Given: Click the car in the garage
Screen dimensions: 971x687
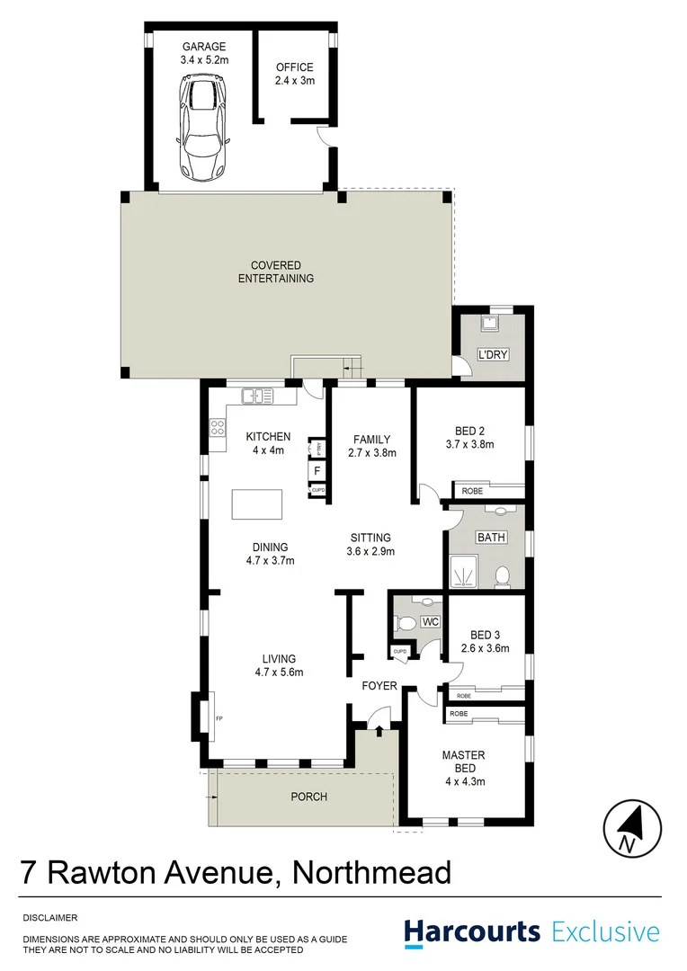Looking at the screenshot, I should [204, 127].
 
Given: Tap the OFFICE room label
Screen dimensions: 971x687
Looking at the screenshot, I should [294, 67].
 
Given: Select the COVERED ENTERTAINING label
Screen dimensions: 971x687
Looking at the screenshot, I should [276, 272].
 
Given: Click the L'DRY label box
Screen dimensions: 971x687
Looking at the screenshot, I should [493, 355].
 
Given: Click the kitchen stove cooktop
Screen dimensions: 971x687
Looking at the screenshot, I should [217, 429].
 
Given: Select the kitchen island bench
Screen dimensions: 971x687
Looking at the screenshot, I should [257, 503].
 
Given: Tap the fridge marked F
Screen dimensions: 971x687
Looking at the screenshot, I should [317, 469].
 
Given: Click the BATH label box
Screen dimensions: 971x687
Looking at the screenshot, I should [491, 538].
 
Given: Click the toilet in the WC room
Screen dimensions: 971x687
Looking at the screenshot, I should [406, 622].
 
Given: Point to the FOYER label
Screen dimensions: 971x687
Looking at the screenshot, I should [379, 686].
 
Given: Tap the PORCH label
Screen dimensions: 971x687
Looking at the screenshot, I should [308, 797].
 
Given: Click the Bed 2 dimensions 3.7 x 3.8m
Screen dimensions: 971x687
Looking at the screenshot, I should [470, 444].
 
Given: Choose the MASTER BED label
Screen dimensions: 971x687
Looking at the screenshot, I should [463, 762].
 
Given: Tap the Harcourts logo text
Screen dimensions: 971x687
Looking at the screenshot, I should [472, 932].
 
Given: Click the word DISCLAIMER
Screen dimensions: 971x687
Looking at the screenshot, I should [50, 918].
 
